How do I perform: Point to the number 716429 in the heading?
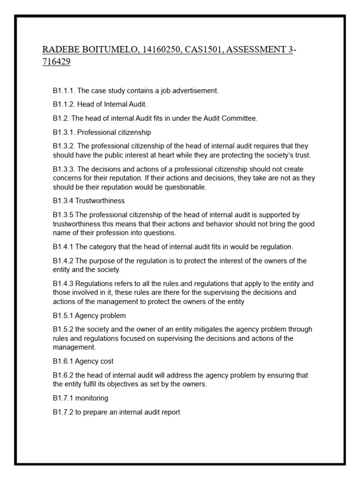tap(56, 62)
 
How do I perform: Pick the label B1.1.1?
tap(64, 91)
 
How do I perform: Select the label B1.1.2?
tap(64, 105)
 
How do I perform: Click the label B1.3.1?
tap(64, 133)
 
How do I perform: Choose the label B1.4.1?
tap(63, 247)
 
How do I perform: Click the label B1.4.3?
tap(63, 284)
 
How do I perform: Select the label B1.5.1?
tap(63, 315)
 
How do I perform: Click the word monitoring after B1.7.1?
tap(92, 398)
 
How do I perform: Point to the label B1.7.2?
tap(63, 412)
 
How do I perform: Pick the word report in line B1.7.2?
tap(170, 412)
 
